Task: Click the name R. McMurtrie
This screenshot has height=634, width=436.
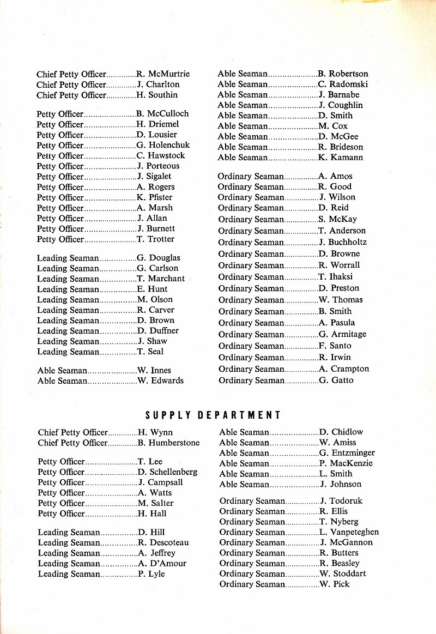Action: pos(163,74)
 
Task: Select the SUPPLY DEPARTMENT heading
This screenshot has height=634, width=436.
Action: pos(213,415)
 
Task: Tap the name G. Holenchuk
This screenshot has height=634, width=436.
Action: pos(163,145)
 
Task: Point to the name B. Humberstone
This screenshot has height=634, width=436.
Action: pos(168,443)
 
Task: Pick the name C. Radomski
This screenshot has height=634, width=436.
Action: pos(343,84)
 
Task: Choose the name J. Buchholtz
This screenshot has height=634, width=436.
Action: pos(343,242)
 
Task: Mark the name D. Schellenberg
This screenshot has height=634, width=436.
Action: pos(167,472)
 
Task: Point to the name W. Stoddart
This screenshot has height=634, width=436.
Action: pos(343,573)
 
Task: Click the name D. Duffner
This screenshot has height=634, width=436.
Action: pos(158,331)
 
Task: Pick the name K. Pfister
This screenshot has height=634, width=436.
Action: pos(155,197)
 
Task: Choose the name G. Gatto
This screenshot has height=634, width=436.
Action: pos(336,381)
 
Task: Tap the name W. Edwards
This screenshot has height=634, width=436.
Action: pos(160,381)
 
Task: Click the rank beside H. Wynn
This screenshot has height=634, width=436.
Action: pos(72,433)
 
